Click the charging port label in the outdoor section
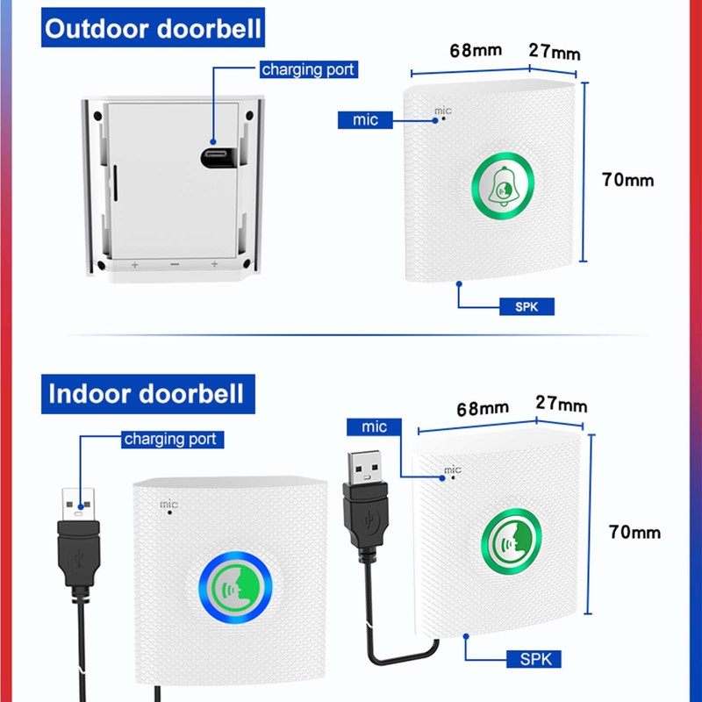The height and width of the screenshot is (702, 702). (x=309, y=68)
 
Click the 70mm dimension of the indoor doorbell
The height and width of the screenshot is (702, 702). (x=634, y=532)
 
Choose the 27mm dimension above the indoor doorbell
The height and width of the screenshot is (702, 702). (x=561, y=405)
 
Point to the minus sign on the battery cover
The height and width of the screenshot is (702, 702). (x=175, y=264)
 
